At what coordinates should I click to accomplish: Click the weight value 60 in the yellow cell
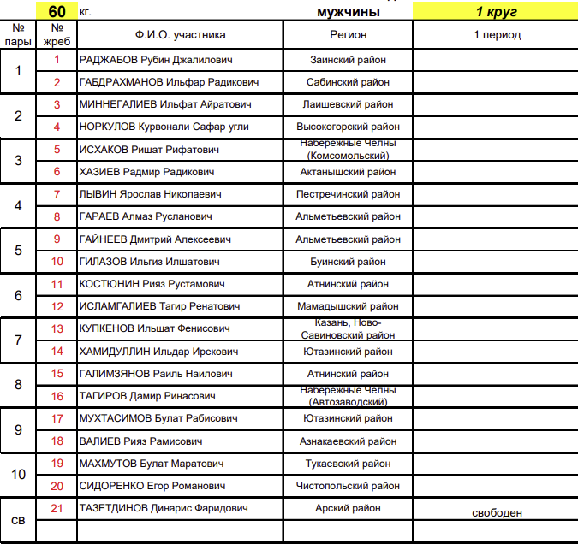[57, 12]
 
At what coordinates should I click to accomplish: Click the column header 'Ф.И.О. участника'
[180, 35]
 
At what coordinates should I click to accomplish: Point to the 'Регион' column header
[349, 35]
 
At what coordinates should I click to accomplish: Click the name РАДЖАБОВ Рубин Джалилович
[155, 61]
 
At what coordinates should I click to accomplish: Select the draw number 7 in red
[57, 194]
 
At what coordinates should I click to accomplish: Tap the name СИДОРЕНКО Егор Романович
[152, 486]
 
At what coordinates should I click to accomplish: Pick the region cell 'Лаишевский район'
[349, 104]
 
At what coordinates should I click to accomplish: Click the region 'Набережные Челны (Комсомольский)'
[349, 150]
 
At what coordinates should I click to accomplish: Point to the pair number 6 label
[19, 295]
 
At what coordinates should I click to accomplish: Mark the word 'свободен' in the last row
[497, 513]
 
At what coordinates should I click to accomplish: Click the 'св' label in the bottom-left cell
[18, 519]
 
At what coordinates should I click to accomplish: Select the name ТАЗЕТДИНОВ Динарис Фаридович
[164, 508]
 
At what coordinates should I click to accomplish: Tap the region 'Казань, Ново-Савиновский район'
[349, 328]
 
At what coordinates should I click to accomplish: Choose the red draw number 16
[57, 396]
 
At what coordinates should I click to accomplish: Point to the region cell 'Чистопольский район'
[349, 486]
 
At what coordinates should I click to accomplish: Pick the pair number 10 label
[19, 475]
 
